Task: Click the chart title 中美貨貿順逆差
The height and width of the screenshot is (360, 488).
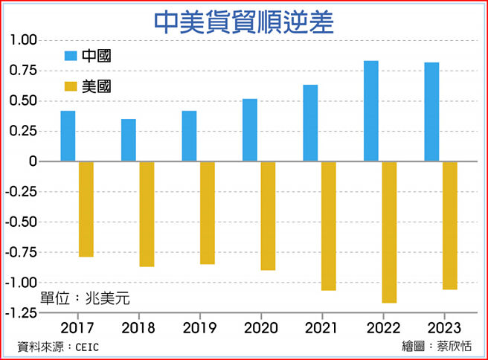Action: pyautogui.click(x=243, y=21)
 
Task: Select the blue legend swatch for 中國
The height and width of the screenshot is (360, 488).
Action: pyautogui.click(x=71, y=56)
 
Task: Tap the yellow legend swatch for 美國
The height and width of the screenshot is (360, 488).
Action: pyautogui.click(x=71, y=86)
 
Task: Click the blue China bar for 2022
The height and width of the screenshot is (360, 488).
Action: pyautogui.click(x=370, y=111)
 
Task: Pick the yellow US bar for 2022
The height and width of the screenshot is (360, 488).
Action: pyautogui.click(x=389, y=232)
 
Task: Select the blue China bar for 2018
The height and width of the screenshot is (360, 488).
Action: pyautogui.click(x=129, y=140)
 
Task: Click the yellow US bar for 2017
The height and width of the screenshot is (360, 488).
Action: pyautogui.click(x=86, y=209)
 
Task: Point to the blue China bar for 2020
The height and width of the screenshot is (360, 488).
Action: pyautogui.click(x=249, y=130)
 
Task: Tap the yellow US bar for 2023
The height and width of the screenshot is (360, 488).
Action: pyautogui.click(x=449, y=225)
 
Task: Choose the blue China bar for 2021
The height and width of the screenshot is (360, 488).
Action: pyautogui.click(x=310, y=123)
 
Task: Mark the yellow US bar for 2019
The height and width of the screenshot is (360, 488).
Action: pyautogui.click(x=208, y=213)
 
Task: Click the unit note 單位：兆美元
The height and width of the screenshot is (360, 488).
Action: pyautogui.click(x=85, y=298)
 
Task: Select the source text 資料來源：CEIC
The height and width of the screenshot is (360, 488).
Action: pyautogui.click(x=58, y=347)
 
